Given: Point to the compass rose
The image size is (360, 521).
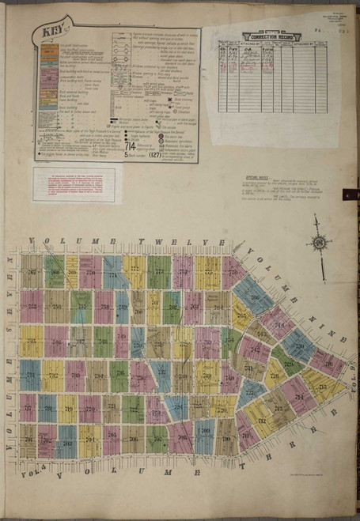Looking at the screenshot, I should [320, 245].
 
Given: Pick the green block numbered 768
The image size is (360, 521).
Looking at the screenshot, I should [54, 273].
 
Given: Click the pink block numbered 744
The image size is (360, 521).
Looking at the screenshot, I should [275, 319].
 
